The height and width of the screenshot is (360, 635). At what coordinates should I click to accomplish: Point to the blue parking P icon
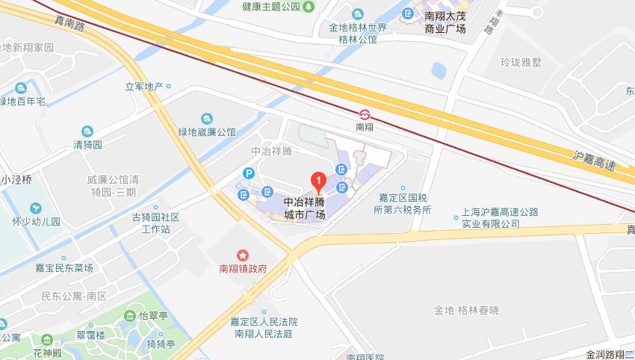tap(249, 173)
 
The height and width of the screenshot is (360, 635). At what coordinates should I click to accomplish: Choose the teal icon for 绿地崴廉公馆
tap(206, 119)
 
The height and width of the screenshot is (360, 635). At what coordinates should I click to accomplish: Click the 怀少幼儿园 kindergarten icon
tap(34, 208)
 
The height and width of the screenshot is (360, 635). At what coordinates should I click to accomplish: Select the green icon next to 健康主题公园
tap(309, 7)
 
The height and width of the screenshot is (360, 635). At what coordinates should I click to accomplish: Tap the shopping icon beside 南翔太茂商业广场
tap(407, 14)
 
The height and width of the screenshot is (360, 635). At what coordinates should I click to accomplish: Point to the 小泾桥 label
tap(16, 180)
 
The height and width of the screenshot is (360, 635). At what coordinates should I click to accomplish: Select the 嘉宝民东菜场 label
tap(64, 267)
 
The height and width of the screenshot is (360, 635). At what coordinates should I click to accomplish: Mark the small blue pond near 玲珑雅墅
tap(439, 72)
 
